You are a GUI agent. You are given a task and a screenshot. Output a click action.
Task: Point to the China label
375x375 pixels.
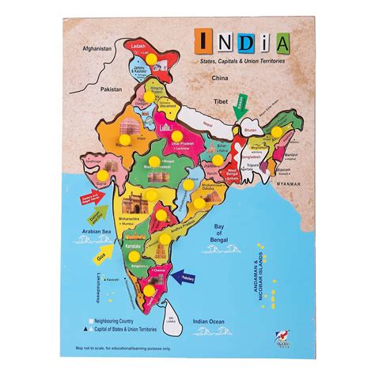[220, 79]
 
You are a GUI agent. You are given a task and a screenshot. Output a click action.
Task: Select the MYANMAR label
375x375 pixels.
[282, 183]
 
